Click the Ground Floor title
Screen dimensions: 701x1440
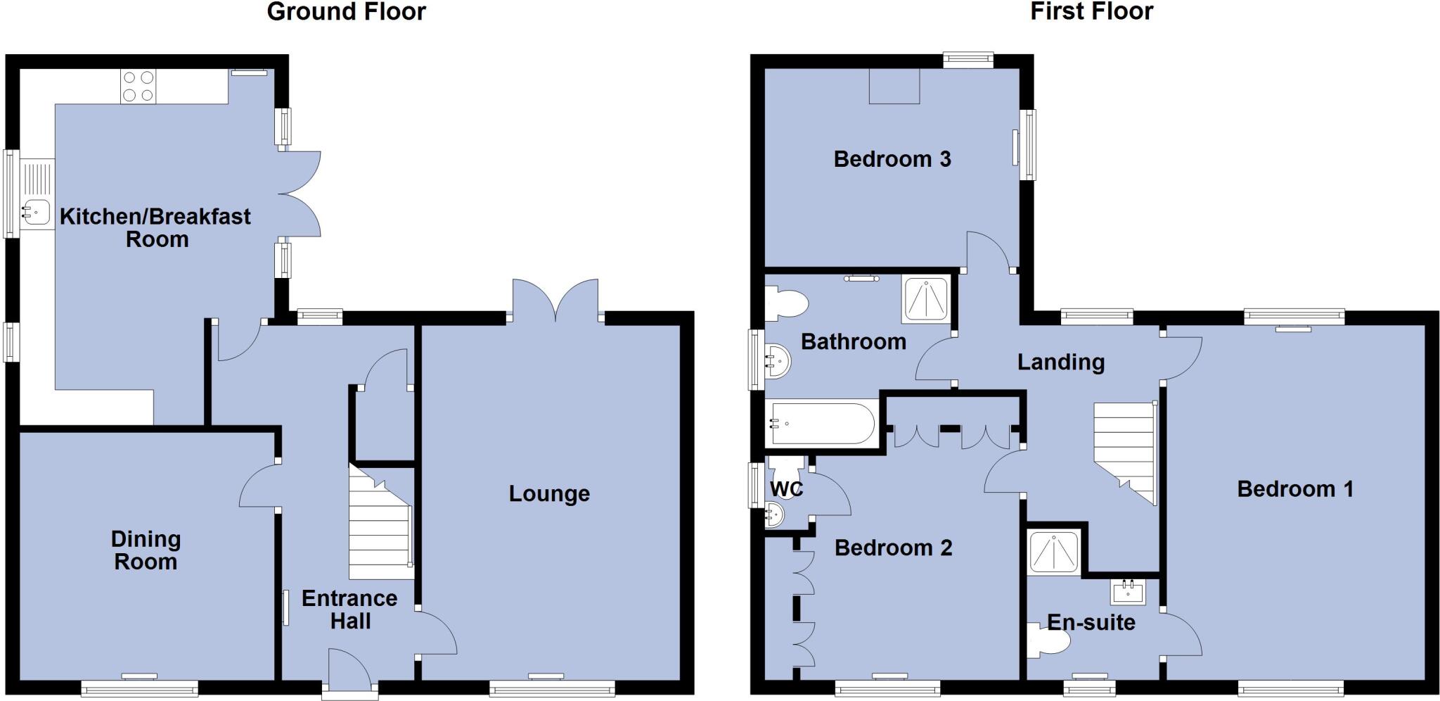[x=346, y=12]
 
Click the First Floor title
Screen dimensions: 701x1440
[x=1091, y=12]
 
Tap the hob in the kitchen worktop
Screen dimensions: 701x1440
[x=139, y=87]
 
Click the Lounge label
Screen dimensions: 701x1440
[x=549, y=494]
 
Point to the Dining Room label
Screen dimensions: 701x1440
[x=146, y=550]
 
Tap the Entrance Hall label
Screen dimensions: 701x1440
[x=349, y=610]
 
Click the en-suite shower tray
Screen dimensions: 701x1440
[x=1053, y=552]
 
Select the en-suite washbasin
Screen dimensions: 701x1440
[x=1128, y=592]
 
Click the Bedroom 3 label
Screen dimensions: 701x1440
[x=892, y=159]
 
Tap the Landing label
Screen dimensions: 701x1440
[x=1060, y=362]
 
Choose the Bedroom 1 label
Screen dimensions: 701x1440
[x=1295, y=489]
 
